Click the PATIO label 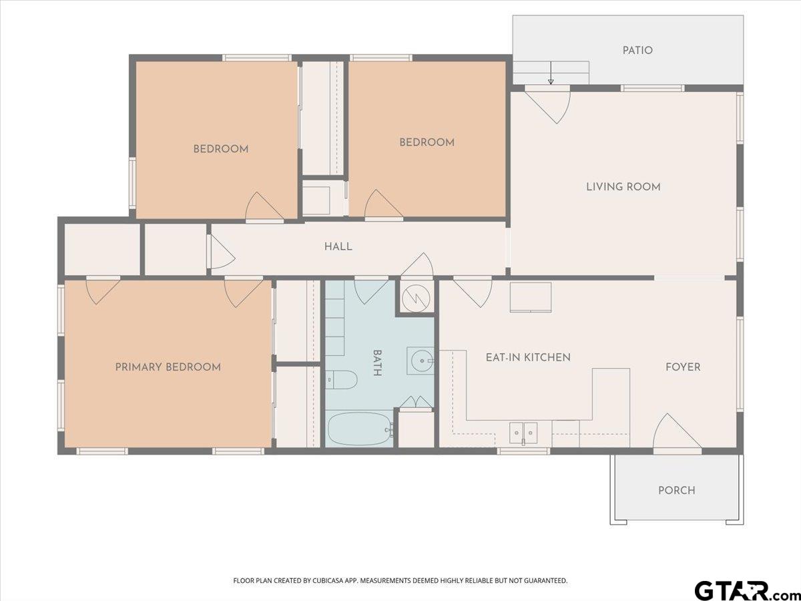637,50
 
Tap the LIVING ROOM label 623,187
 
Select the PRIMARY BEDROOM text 168,367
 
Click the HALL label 338,246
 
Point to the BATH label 377,363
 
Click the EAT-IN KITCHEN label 528,357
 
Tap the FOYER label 683,367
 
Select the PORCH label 677,490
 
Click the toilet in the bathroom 341,380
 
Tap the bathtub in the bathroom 360,429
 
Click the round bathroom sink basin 422,361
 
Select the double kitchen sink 523,433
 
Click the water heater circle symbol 416,298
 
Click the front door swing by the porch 676,434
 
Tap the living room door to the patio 547,105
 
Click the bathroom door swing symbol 371,290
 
